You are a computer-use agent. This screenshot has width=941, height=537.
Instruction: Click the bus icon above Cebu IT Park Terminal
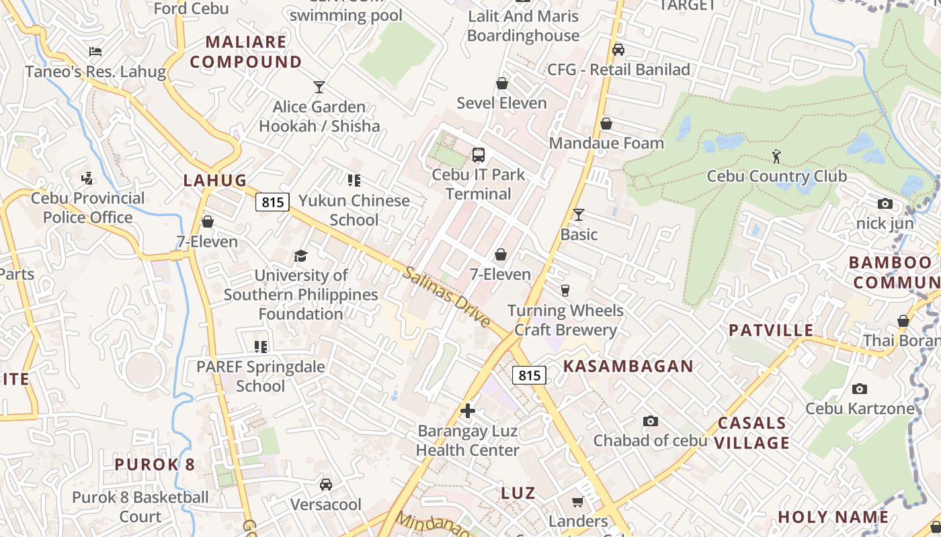pyautogui.click(x=479, y=155)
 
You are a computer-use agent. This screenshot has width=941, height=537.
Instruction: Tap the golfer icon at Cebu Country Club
pyautogui.click(x=776, y=156)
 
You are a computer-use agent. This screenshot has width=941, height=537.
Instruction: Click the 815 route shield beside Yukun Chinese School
pyautogui.click(x=272, y=201)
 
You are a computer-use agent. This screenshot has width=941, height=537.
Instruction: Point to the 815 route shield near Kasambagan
pyautogui.click(x=529, y=375)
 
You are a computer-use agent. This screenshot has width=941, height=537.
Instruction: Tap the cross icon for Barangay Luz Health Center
pyautogui.click(x=468, y=411)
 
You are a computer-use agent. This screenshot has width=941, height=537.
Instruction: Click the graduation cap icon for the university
pyautogui.click(x=300, y=256)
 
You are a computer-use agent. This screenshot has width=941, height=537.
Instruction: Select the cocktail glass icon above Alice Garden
pyautogui.click(x=319, y=87)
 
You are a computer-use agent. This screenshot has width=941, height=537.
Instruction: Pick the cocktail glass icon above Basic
pyautogui.click(x=579, y=215)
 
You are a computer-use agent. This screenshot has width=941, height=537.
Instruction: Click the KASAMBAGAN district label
pyautogui.click(x=628, y=366)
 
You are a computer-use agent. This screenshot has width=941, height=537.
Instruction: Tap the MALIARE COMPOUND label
pyautogui.click(x=245, y=52)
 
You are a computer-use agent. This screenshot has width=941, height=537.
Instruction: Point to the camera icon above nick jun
pyautogui.click(x=885, y=203)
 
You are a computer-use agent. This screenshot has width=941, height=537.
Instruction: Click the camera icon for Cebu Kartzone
pyautogui.click(x=859, y=389)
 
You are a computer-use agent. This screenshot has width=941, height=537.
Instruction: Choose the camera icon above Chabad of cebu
pyautogui.click(x=650, y=421)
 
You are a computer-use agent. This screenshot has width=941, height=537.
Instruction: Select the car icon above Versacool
pyautogui.click(x=326, y=485)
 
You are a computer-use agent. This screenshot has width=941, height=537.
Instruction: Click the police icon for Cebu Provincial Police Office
pyautogui.click(x=87, y=178)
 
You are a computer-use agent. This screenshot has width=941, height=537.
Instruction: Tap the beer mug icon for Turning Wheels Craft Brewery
pyautogui.click(x=565, y=291)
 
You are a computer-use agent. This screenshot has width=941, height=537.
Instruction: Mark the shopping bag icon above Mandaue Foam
pyautogui.click(x=606, y=124)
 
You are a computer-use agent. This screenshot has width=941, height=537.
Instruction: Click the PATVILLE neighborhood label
pyautogui.click(x=771, y=330)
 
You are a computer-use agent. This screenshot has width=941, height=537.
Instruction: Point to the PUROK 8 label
pyautogui.click(x=155, y=465)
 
